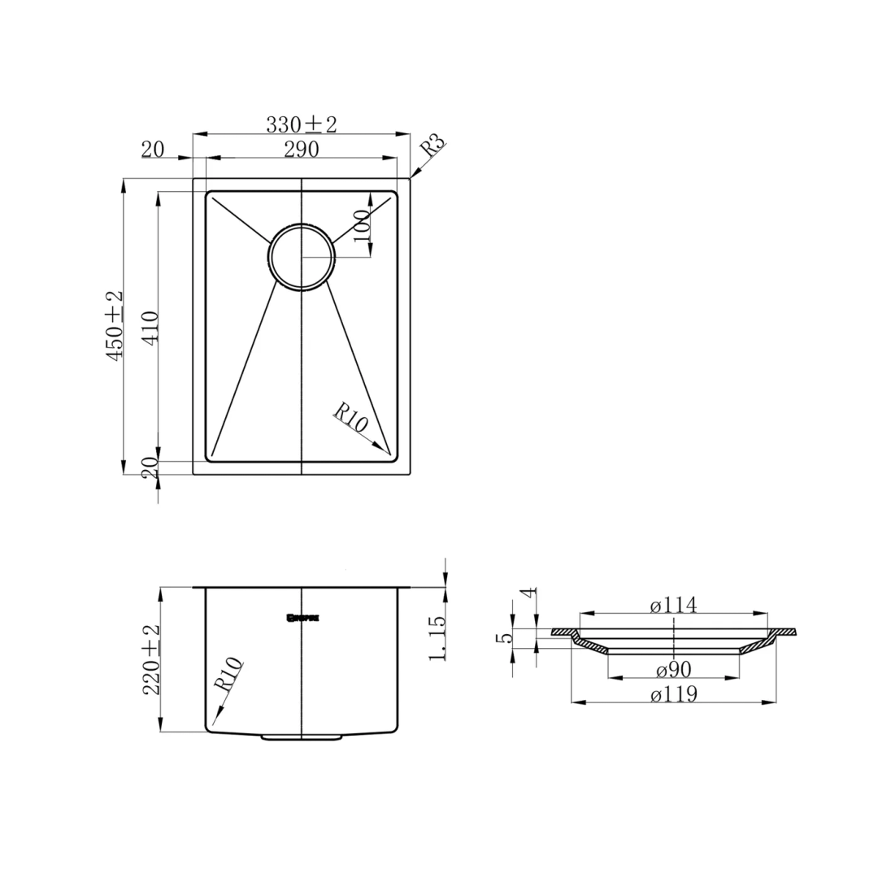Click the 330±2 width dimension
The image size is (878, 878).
click(301, 124)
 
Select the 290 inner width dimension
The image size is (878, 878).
click(301, 149)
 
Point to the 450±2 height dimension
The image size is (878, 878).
click(114, 325)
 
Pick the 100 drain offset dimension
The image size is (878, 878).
click(363, 224)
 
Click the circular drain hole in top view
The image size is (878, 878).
click(302, 256)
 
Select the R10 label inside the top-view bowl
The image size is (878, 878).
click(352, 419)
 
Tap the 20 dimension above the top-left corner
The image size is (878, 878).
click(153, 150)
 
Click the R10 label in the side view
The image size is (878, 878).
click(228, 675)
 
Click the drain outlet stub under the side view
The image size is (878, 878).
click(302, 737)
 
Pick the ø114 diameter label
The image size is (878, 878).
click(674, 605)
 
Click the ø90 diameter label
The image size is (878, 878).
click(673, 670)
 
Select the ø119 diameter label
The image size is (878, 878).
click(674, 694)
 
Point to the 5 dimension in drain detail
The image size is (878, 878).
click(503, 639)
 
